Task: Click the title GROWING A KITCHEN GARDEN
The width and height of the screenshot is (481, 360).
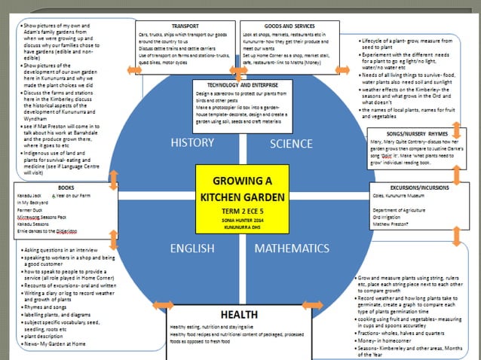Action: coord(240,189)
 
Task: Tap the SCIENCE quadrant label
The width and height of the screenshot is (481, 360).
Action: coord(291,144)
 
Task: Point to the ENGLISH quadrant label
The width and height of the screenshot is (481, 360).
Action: coord(193,248)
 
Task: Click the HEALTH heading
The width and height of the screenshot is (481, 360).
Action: coord(238,314)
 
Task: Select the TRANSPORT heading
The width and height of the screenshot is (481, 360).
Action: coord(185,25)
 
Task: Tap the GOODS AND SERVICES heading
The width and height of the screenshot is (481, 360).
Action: coord(288,25)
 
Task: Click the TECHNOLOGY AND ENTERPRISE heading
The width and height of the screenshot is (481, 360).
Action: coord(237,84)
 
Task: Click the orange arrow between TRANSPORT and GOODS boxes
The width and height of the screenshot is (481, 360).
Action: coord(239,72)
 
